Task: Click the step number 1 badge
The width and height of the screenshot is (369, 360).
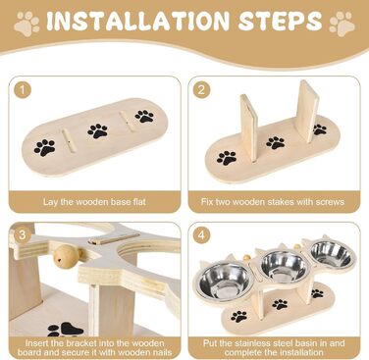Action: coord(23,89)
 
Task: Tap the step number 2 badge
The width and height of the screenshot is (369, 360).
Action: coord(201,89)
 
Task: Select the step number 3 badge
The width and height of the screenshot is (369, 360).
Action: coord(23,234)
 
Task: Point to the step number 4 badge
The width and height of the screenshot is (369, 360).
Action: coord(201,234)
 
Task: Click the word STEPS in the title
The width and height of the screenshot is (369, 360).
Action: coord(281,22)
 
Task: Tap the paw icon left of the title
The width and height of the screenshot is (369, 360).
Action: coord(26,24)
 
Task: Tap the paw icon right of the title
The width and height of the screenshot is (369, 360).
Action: coord(342,24)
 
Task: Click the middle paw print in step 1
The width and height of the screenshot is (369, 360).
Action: coord(97,130)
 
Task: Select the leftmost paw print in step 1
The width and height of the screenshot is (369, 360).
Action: coord(45,147)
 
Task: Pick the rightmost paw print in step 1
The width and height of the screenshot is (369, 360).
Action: coord(144,116)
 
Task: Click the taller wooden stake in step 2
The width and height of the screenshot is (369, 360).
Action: coord(308,111)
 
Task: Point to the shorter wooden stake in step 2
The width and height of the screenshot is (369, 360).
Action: coord(248,127)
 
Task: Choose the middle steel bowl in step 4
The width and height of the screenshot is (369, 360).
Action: coord(285,264)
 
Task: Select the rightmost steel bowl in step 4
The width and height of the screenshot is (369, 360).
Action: coord(331,252)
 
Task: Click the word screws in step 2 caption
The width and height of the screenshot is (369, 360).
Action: coord(330,201)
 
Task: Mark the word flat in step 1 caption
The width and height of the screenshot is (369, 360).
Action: coord(138,201)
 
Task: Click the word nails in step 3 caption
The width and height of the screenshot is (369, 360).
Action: coord(161,352)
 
